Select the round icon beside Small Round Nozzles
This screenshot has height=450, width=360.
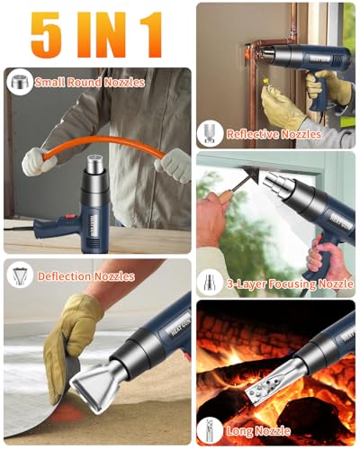coord(18,82)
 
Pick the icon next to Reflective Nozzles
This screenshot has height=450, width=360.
coord(210,133)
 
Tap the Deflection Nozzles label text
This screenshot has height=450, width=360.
coord(85,276)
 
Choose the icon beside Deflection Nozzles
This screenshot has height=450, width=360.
coord(18,274)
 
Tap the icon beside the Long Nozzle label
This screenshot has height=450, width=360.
coord(210,430)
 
